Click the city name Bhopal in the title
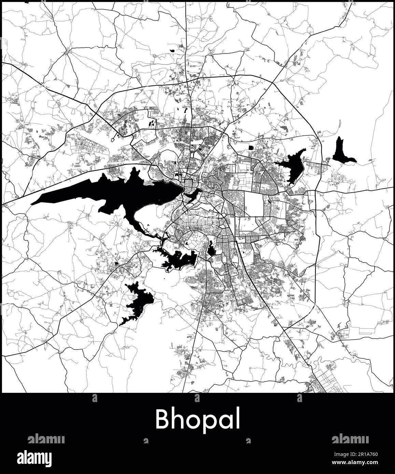point(198,420)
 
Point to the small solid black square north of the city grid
point(252,147)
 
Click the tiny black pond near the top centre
point(173,51)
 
